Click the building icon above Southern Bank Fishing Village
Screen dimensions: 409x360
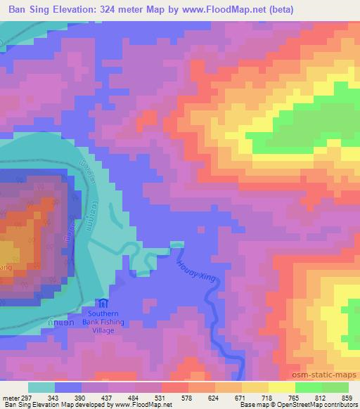pyautogui.click(x=104, y=304)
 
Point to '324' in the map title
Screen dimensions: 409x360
pyautogui.click(x=115, y=10)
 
